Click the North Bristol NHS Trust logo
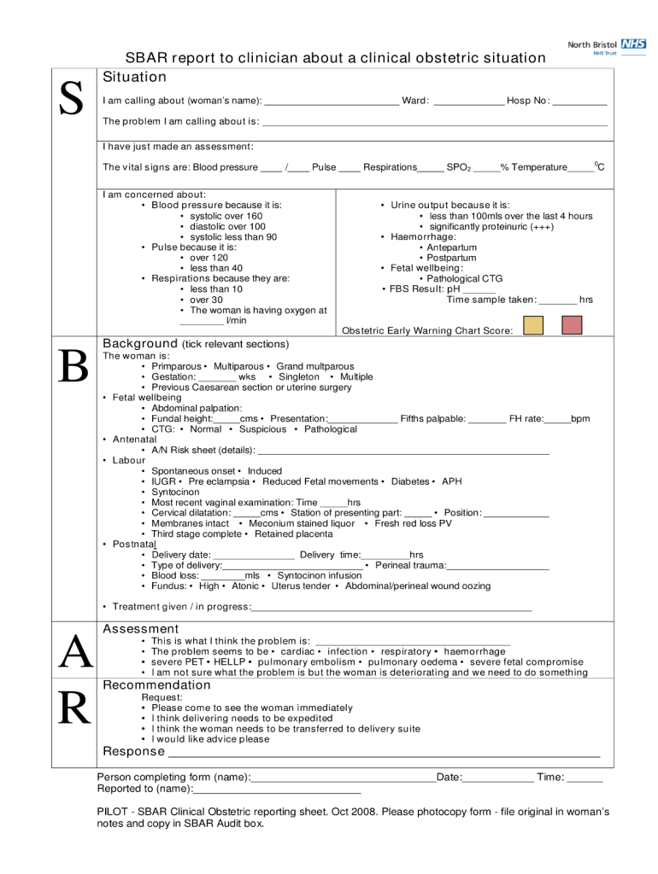(607, 46)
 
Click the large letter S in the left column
(71, 100)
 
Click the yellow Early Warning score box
(533, 325)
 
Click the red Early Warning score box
(572, 325)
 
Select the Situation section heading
(134, 78)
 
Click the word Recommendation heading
(156, 685)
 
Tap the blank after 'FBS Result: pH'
(479, 290)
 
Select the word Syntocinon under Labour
(175, 492)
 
